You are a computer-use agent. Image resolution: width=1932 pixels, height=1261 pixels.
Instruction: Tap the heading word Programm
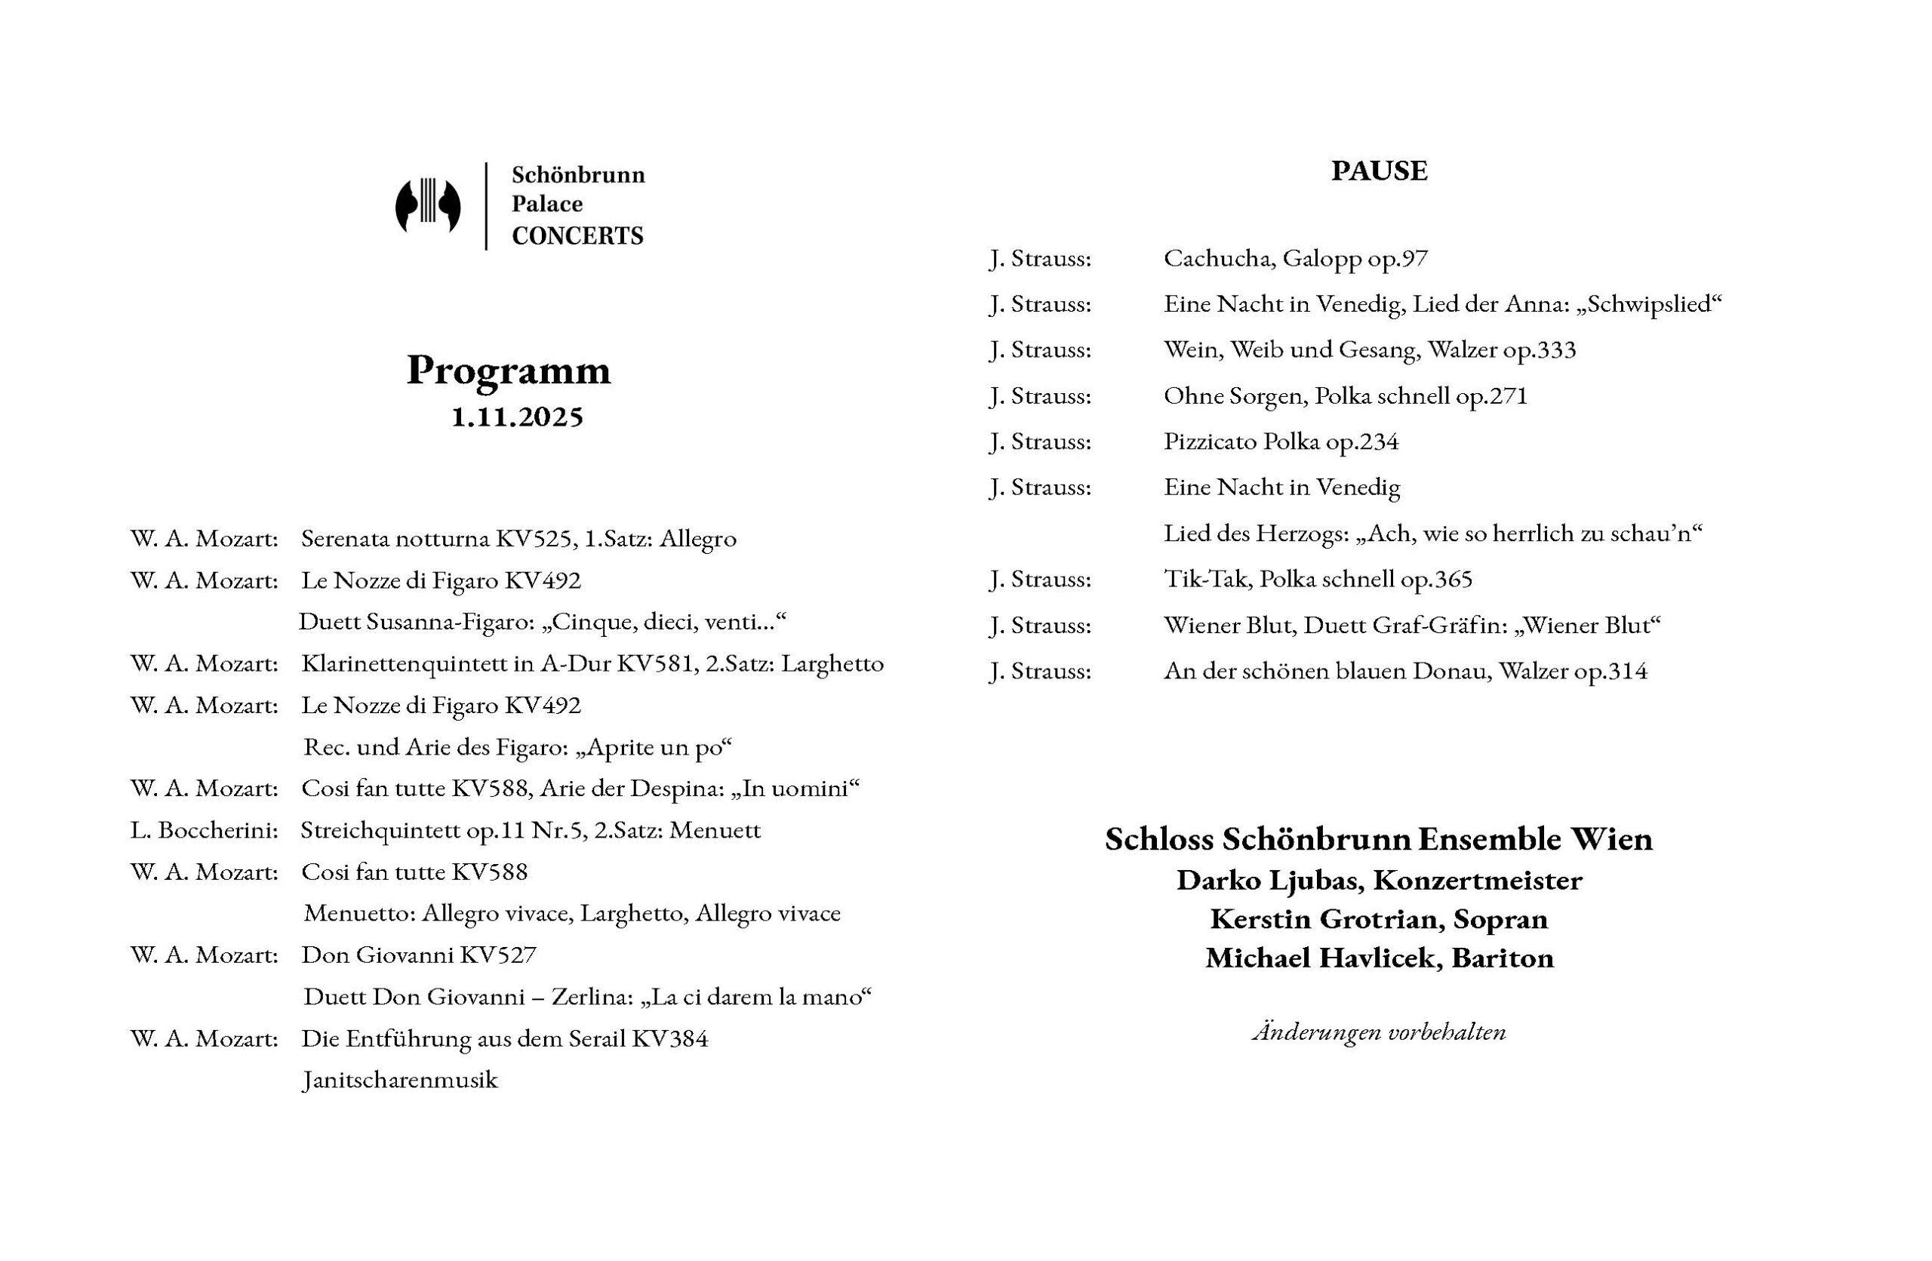508,371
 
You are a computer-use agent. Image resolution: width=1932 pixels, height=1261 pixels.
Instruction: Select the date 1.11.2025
517,417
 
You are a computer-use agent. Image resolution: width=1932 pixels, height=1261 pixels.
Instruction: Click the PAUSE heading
1378,171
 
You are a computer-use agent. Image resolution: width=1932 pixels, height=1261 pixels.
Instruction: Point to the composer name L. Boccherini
204,831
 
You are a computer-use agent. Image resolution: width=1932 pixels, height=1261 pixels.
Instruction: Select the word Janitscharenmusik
399,1081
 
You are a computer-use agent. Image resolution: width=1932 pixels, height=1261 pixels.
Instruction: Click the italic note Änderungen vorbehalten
1378,1032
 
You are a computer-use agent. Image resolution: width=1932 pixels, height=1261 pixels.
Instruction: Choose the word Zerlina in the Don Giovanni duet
586,998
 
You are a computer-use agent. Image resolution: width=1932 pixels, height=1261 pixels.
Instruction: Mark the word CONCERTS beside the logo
577,236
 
